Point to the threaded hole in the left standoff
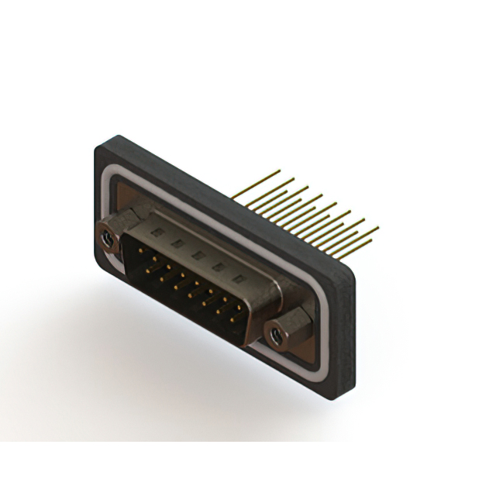[x=107, y=240]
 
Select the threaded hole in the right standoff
[x=274, y=336]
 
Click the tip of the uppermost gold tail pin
[x=294, y=179]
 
